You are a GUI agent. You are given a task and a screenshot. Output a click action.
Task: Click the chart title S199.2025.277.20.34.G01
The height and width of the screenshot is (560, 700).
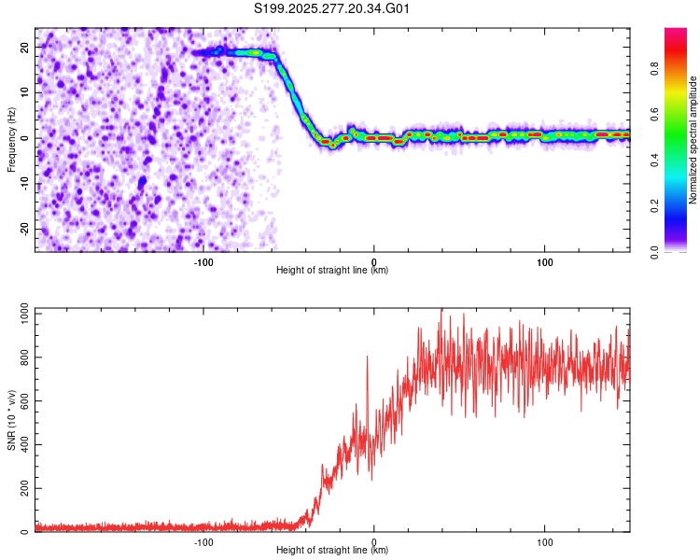pos(333,9)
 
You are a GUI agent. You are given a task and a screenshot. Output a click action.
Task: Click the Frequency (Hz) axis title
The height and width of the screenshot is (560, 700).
pos(12,140)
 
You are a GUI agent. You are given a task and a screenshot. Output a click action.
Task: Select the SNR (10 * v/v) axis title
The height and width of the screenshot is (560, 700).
pos(12,420)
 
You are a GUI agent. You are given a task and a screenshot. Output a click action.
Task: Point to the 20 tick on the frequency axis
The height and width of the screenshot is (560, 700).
pos(25,47)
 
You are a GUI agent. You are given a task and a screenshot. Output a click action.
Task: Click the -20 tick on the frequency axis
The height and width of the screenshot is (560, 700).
pos(23,230)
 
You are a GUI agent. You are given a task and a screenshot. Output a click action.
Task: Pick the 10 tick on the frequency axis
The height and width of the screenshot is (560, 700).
pos(25,92)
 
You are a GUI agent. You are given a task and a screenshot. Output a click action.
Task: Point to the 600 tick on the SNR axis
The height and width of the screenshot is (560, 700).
pos(23,401)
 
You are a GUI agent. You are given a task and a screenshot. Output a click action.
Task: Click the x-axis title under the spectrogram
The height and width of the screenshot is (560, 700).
pos(332,270)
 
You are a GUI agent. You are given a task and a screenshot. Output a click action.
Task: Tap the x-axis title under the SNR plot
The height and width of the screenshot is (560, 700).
pos(332,550)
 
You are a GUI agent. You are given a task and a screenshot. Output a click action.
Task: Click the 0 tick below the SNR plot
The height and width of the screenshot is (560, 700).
pos(374,540)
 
